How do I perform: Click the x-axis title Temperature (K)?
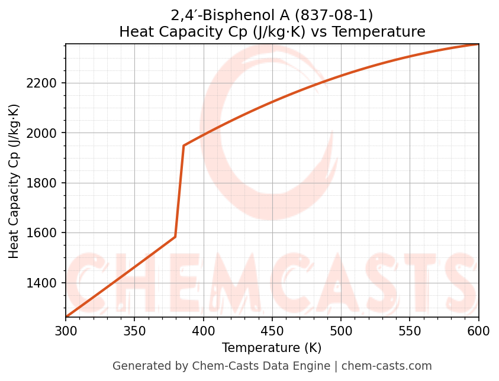coord(272,348)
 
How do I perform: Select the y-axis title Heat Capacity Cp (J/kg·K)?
coord(14,181)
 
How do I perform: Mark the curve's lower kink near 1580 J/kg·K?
coord(175,237)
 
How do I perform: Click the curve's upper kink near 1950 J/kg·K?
coord(183,146)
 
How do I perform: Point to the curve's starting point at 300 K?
coord(66,317)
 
